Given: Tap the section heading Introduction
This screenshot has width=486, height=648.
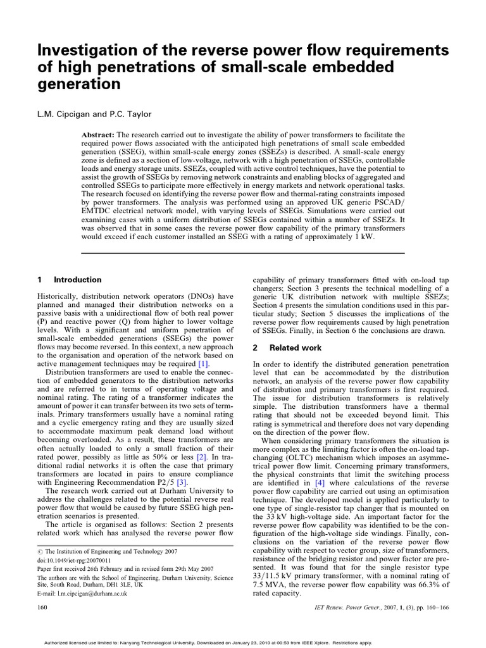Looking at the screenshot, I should click(x=77, y=280).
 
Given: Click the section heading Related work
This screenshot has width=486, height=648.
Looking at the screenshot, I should click(x=296, y=347).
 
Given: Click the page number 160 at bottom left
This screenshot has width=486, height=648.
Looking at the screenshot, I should click(x=42, y=607).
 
